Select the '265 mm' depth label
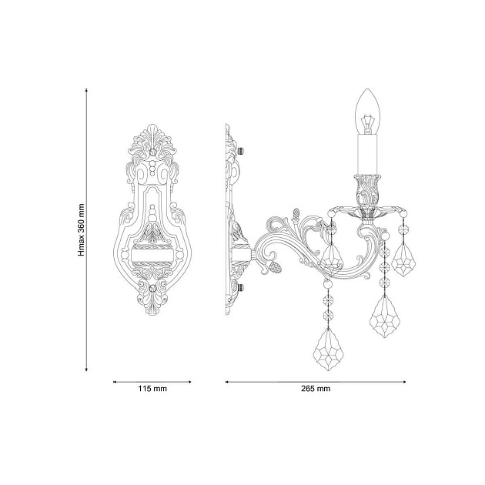point(316,390)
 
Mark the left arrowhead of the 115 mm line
point(115,381)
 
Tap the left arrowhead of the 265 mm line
point(226,381)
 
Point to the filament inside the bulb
point(367,121)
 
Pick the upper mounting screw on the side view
point(241,149)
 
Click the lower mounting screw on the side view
point(241,287)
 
